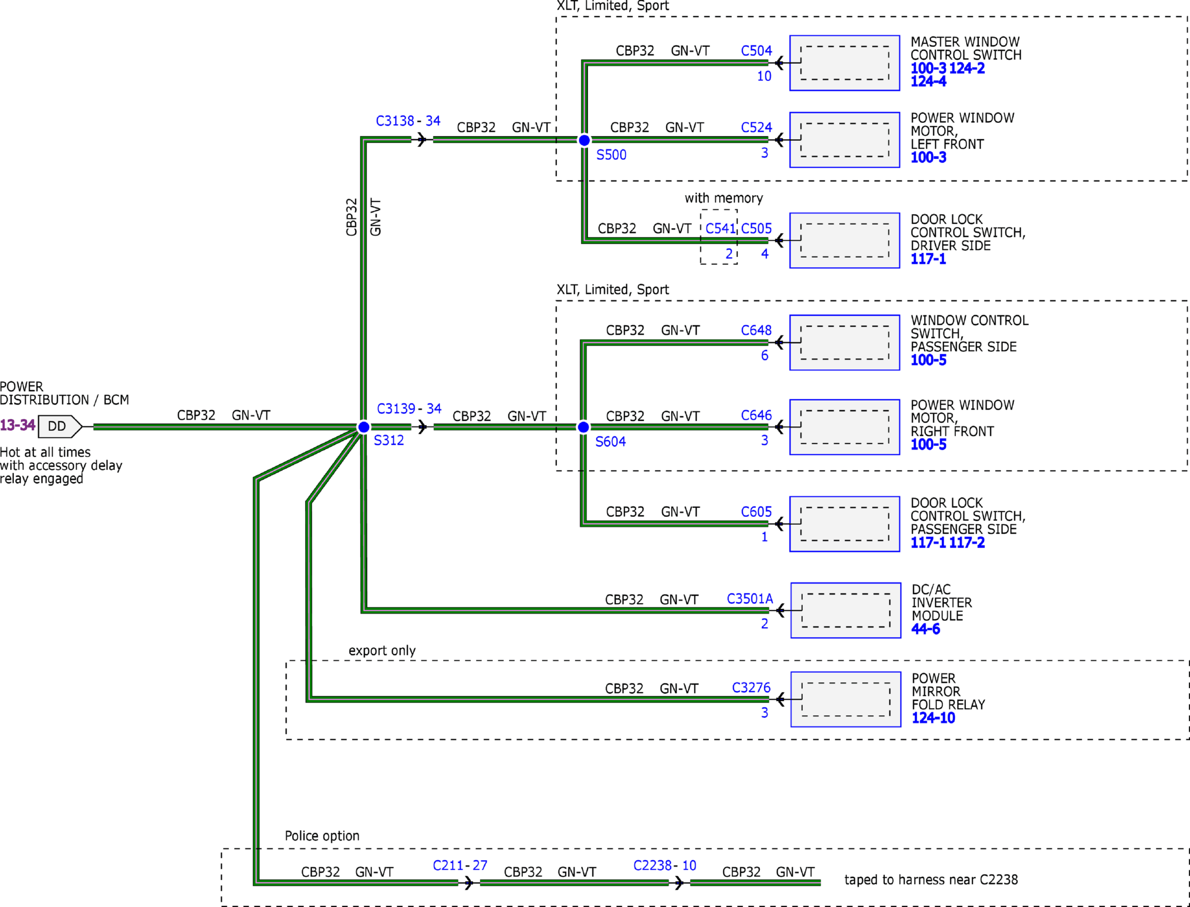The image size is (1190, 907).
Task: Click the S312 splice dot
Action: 364,427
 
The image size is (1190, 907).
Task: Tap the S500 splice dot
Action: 584,140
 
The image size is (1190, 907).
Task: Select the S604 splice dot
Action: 583,427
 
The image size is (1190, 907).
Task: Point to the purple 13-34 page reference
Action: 17,425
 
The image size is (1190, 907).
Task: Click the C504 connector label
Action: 756,51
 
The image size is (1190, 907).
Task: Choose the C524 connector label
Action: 756,127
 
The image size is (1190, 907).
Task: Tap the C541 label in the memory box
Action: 720,229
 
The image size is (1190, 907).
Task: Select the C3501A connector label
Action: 750,599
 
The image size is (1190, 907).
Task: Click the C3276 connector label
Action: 751,688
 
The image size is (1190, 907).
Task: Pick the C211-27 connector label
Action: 460,866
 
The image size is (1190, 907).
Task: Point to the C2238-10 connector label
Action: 664,866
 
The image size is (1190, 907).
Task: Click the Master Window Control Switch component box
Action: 845,63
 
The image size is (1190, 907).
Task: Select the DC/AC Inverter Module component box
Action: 846,610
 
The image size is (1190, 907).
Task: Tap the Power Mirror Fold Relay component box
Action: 846,699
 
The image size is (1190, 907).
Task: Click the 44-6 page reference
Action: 926,629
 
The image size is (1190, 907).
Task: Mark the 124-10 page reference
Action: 933,718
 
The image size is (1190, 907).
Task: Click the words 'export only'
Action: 382,650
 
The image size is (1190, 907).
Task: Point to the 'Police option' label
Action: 322,836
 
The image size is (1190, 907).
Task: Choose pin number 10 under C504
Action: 764,77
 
